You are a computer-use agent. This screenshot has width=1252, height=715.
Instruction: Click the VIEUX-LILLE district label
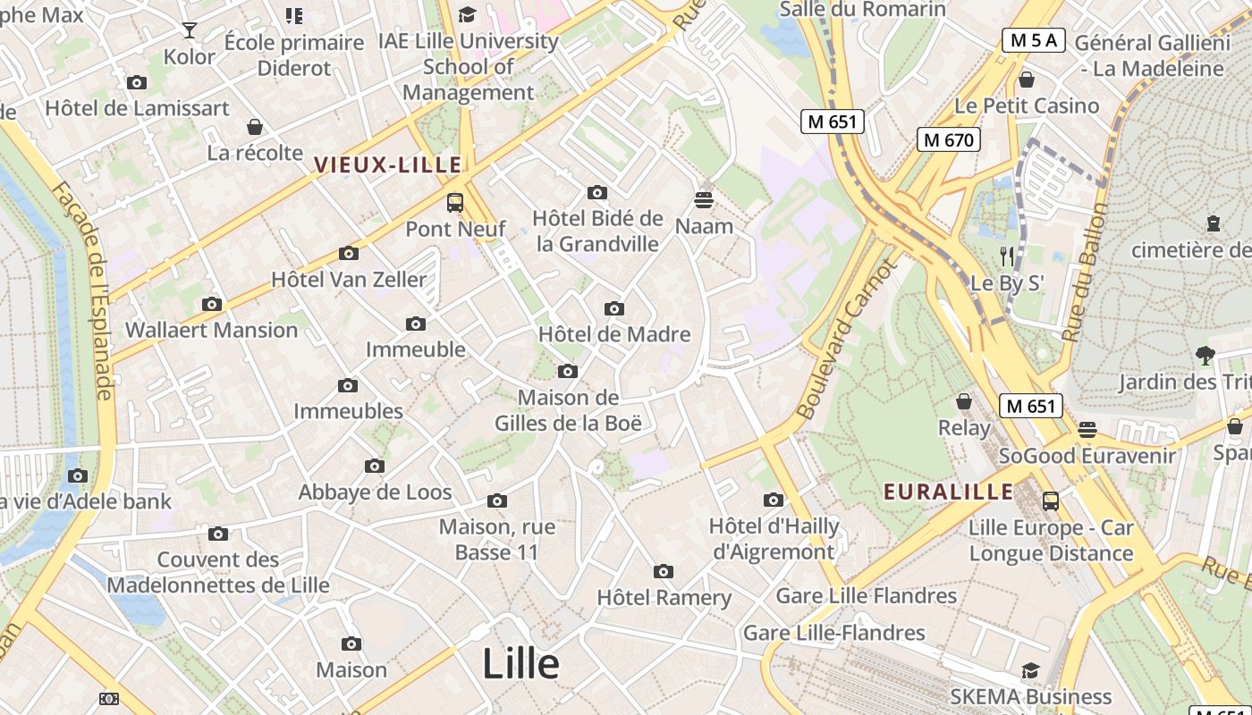[388, 165]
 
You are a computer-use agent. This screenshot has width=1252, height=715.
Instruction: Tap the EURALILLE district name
[948, 492]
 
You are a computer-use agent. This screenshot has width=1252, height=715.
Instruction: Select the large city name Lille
[520, 664]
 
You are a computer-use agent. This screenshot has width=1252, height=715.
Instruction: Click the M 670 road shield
[949, 139]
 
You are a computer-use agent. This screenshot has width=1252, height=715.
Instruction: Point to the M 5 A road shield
[1033, 40]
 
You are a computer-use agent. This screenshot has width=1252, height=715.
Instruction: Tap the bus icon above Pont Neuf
[455, 202]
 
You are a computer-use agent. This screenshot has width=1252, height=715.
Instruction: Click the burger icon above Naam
[704, 199]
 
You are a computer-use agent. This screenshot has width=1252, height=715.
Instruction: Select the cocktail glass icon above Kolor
[190, 30]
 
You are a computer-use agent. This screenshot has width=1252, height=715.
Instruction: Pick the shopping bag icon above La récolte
[255, 127]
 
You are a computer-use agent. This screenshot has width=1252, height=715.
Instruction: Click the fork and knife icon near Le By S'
[1007, 257]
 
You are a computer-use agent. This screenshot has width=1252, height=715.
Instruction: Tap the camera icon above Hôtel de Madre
[613, 308]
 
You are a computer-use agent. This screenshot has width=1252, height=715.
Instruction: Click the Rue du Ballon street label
[1083, 273]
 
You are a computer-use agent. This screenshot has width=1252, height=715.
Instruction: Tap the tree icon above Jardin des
[1205, 356]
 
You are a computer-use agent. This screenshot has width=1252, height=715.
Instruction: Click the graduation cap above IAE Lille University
[467, 14]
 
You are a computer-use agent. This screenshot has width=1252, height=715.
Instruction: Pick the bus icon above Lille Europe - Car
[1051, 501]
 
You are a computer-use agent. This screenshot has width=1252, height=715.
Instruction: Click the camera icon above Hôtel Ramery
[663, 571]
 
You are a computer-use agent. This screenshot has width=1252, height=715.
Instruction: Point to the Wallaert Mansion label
[211, 330]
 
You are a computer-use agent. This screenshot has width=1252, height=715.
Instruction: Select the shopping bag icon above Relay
[964, 401]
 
